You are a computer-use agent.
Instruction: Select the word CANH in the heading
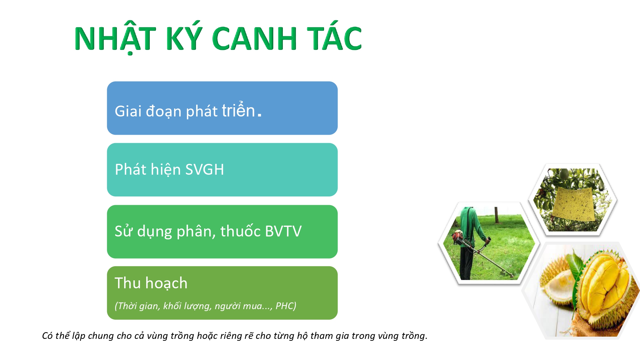[254, 38]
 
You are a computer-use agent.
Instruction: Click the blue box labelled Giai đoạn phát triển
[222, 108]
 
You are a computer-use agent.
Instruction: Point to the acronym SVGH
[204, 169]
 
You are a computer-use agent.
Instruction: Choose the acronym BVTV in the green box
[283, 231]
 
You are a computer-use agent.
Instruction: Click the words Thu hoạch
[151, 283]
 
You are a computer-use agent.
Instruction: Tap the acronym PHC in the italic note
[285, 306]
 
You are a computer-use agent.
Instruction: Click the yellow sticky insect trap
[573, 204]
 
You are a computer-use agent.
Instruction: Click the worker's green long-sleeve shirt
[472, 227]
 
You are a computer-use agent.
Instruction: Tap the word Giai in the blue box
[128, 111]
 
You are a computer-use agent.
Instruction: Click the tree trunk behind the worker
[496, 214]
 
